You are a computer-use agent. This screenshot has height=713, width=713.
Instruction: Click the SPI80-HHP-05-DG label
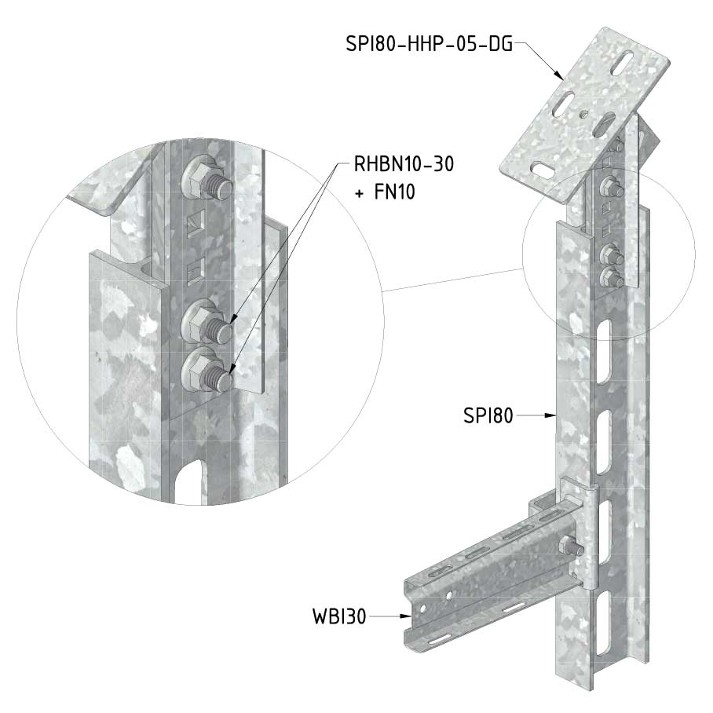(430, 44)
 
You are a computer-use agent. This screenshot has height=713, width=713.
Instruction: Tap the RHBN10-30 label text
(404, 164)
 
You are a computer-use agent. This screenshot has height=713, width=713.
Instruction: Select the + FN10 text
(385, 192)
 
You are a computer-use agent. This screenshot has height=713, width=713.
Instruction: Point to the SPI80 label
(488, 415)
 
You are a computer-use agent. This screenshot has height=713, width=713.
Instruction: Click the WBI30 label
(339, 616)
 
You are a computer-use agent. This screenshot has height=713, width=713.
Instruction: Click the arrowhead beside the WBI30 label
(406, 616)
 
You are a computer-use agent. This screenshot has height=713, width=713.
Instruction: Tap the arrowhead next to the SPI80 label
(550, 415)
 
